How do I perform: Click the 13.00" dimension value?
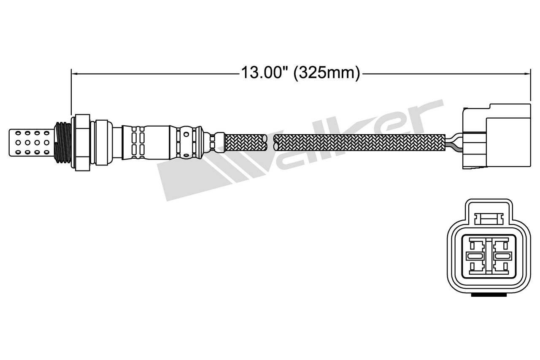click(262, 73)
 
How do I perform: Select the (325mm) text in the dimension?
click(327, 73)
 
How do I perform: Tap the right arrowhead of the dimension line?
click(527, 74)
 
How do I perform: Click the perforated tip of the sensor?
click(32, 143)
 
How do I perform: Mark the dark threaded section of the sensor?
click(63, 143)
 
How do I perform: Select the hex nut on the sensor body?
click(81, 143)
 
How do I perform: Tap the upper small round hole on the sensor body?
click(186, 134)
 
